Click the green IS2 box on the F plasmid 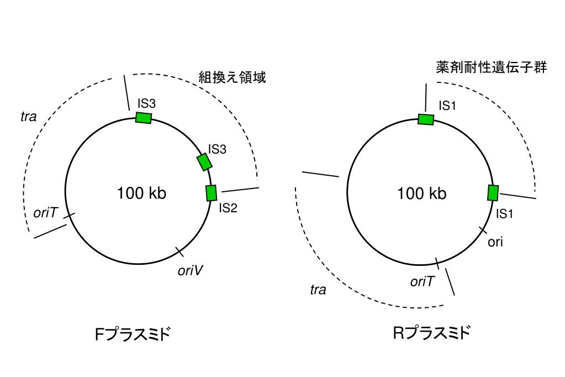coord(211,193)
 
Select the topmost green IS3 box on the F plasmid coord(144,118)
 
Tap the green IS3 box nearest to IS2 coord(204,162)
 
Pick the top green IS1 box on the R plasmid coord(426,119)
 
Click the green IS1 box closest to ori coord(493,193)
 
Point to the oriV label coord(190,270)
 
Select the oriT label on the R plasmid coord(423,281)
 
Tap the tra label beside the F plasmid coord(28,117)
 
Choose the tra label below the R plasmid coord(318,290)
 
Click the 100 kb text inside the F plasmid coord(141,193)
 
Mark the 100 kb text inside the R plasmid coord(422,193)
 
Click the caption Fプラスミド coord(133,335)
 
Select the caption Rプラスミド coord(431,333)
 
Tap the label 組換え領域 coord(232,77)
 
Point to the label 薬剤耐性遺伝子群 coord(491,67)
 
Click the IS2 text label coord(228,208)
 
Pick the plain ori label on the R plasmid coord(495,242)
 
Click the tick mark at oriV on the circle coord(179,252)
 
